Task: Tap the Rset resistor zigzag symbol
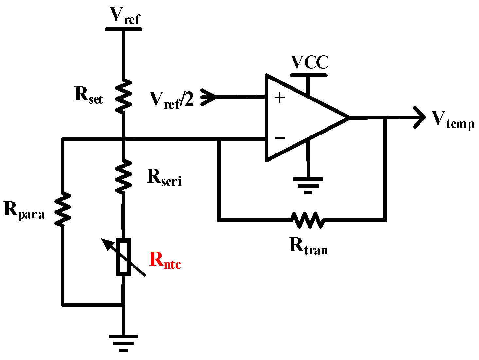[x=124, y=97]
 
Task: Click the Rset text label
[x=89, y=96]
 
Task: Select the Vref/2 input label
[x=171, y=99]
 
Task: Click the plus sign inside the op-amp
[x=280, y=98]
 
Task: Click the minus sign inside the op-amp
[x=280, y=138]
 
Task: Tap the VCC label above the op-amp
[x=310, y=63]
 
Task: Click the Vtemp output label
[x=453, y=120]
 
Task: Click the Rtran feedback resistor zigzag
[x=308, y=220]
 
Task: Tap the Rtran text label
[x=309, y=246]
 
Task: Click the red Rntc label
[x=165, y=261]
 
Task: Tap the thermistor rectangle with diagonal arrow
[x=124, y=257]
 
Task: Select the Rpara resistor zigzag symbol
[x=62, y=209]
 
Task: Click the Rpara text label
[x=24, y=210]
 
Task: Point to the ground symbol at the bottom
[x=123, y=343]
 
